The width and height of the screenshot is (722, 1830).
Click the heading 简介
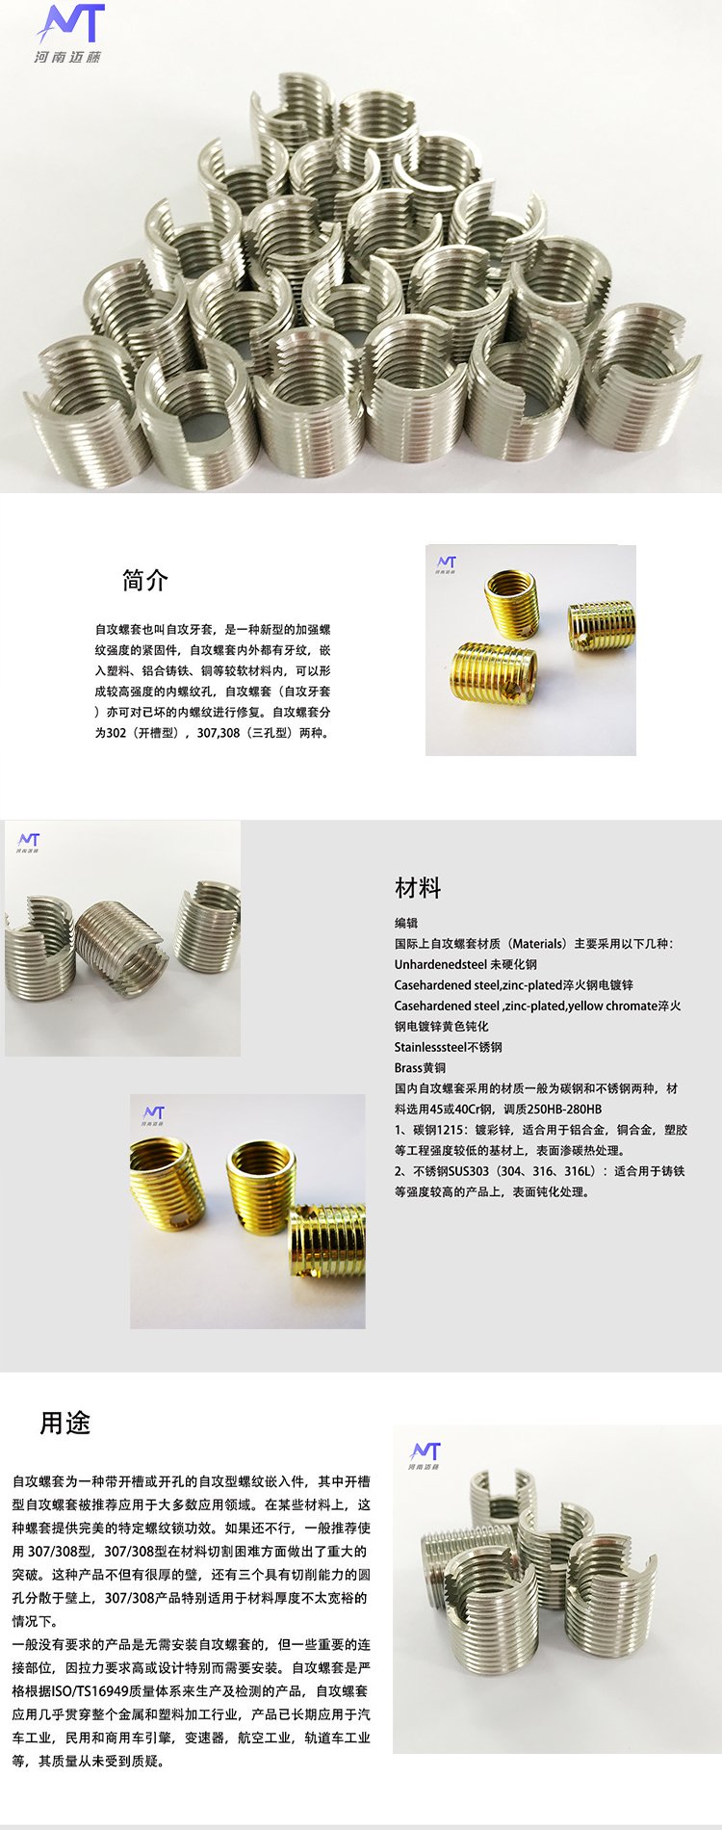[x=144, y=581]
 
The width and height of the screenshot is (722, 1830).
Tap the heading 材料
[x=418, y=888]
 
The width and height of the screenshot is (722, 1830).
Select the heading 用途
[x=64, y=1423]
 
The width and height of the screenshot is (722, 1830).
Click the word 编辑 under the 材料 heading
[x=406, y=923]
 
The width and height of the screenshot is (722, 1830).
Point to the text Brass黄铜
[x=420, y=1067]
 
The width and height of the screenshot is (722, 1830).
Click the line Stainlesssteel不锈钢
[x=449, y=1047]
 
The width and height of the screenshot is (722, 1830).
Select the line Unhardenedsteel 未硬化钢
[x=466, y=964]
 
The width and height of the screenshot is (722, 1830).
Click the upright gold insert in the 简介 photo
[x=511, y=604]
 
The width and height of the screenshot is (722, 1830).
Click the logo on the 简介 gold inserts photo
[x=447, y=564]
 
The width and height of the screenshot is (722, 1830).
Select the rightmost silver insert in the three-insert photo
[x=208, y=927]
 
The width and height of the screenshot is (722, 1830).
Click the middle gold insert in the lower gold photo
[x=261, y=1187]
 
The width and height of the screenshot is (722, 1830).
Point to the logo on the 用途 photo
[x=425, y=1455]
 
